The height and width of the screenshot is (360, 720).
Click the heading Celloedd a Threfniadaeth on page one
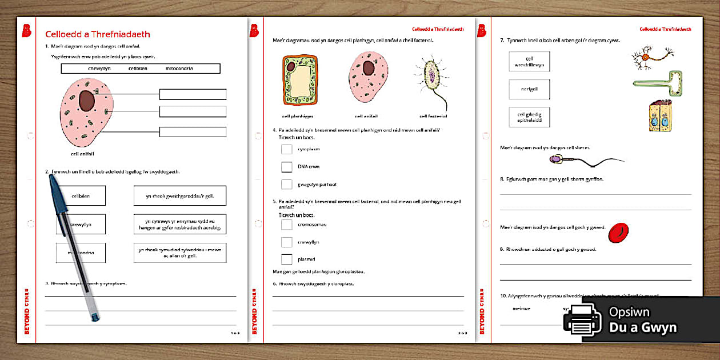pos(98,34)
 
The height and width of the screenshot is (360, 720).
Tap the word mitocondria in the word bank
pos(179,69)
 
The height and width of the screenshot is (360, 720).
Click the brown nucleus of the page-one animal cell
pos(86,101)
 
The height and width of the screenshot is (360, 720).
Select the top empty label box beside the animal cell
pos(193,94)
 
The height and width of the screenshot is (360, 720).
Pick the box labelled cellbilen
pos(81,195)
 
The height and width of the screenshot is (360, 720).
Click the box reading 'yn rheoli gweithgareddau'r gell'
pos(179,195)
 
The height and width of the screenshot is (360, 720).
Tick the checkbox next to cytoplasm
pos(287,149)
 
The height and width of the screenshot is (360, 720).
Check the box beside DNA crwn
pos(287,167)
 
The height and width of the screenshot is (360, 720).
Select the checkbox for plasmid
pos(287,259)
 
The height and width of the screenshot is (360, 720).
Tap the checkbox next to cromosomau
pos(287,225)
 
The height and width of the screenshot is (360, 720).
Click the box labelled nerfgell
pos(529,89)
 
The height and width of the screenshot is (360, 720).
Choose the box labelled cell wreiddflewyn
pos(529,62)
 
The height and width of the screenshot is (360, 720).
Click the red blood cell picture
pos(618,233)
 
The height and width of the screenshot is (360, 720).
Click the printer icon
pos(582,320)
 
